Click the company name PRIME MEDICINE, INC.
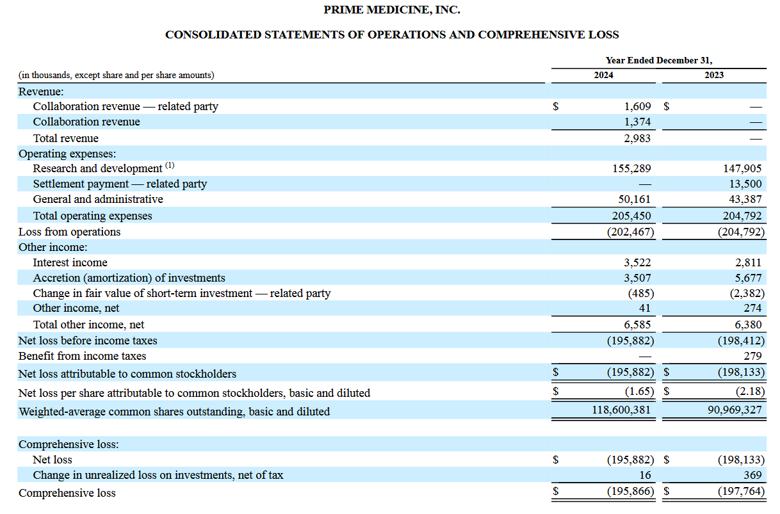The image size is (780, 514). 392,10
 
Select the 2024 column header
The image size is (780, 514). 603,75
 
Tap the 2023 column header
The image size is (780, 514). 714,75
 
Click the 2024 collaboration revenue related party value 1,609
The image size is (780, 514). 637,106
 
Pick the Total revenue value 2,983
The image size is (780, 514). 637,138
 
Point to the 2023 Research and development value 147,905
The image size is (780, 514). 742,168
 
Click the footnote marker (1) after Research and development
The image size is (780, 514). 170,165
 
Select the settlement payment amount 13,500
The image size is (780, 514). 745,184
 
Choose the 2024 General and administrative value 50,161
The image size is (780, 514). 635,199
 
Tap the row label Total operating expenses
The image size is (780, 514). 93,216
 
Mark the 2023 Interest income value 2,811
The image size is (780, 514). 749,262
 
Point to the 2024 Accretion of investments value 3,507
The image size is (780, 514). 637,278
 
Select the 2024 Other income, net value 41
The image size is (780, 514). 645,308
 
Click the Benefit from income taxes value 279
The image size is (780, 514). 753,356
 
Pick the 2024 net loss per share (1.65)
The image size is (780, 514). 639,392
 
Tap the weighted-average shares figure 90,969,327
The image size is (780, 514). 735,410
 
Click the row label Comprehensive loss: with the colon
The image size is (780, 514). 69,444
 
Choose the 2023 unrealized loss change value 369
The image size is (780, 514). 752,475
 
